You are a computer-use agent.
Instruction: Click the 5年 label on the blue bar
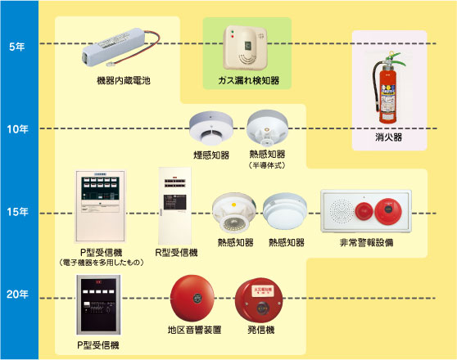pos(16,47)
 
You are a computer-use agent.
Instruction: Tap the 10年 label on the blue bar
pos(17,129)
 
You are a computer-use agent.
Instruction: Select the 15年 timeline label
pos(17,212)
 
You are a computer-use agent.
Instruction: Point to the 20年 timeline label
pos(17,295)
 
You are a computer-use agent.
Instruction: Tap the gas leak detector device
pos(245,47)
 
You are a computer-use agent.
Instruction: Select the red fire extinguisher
pos(387,88)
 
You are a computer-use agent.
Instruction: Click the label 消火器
pos(389,137)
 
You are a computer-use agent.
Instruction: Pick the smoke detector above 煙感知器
pos(211,128)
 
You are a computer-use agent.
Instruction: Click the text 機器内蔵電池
pos(124,80)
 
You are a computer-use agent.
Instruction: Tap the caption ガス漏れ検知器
pos(249,80)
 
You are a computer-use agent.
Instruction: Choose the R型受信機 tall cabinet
pos(174,206)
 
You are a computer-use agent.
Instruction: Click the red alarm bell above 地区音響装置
pos(192,298)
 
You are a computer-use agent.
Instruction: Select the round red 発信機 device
pos(259,300)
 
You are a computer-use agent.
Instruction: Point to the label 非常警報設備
pos(366,243)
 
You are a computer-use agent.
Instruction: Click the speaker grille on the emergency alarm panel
pos(341,211)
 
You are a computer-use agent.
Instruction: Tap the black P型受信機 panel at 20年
pos(98,305)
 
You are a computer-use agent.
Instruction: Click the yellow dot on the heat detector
pos(233,205)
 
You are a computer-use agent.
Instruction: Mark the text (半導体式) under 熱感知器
pos(267,165)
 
